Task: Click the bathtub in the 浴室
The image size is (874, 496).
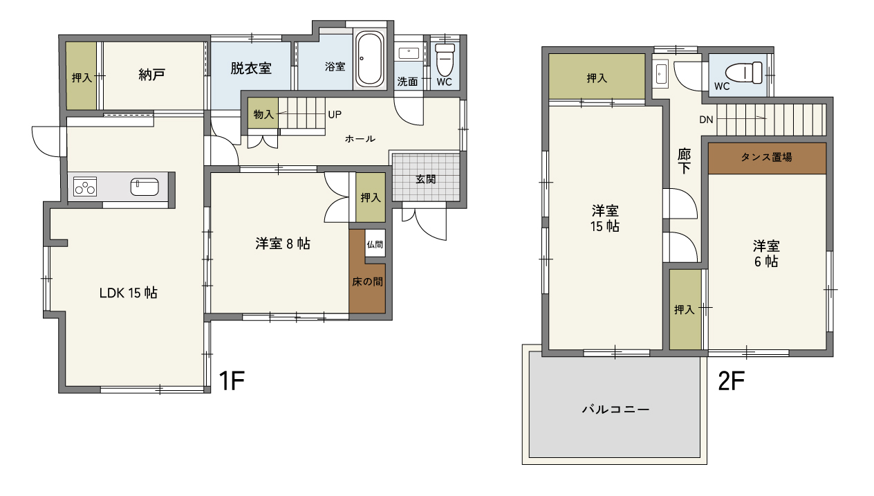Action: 369,59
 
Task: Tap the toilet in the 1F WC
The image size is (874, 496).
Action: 445,59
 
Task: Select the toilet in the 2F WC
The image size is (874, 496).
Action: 744,73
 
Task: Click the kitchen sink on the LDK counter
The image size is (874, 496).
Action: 145,187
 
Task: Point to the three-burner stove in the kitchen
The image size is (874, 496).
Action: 85,186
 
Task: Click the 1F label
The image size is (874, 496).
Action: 232,380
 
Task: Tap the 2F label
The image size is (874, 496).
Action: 731,380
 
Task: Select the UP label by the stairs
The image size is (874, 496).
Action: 335,114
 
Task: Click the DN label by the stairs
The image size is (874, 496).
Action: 706,120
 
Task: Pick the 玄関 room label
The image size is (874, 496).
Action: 425,179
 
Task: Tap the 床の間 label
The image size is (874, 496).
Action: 368,282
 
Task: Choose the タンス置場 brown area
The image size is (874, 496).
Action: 767,158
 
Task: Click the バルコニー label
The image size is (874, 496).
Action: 615,410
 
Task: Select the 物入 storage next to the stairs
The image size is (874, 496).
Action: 263,113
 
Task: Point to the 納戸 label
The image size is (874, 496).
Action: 152,75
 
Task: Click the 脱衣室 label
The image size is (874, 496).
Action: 251,68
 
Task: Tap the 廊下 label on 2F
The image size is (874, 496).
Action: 684,161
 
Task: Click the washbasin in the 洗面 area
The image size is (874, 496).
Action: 409,53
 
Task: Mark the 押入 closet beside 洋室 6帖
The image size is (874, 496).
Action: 685,309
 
